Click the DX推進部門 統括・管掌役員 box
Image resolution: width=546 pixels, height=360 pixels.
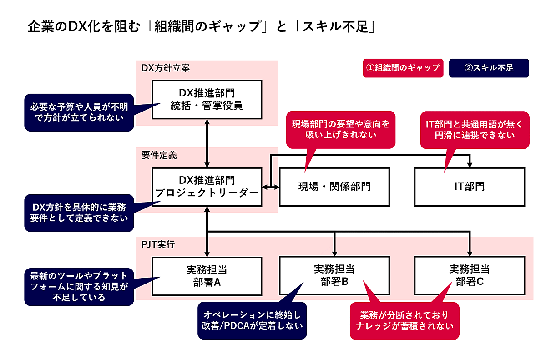pos(207,100)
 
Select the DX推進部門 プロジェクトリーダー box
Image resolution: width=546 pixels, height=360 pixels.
pos(207,187)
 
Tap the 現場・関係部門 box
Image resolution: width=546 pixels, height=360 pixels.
pos(334,187)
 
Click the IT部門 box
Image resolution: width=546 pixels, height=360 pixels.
pos(469,187)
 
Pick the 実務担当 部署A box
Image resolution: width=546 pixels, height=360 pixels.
pos(207,276)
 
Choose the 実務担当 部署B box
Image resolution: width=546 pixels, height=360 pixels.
pos(334,276)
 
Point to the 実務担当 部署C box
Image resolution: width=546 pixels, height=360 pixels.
pos(469,276)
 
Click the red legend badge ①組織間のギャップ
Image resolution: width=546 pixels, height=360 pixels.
pos(403,68)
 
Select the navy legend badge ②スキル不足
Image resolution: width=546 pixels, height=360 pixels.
pos(489,68)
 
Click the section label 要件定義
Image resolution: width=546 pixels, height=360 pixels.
pos(159,155)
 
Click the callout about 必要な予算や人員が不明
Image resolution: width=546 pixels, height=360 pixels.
pos(80,112)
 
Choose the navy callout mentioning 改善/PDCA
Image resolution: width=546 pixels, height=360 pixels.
pos(252,320)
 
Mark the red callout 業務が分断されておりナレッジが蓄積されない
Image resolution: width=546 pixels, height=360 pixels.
pos(404,320)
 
